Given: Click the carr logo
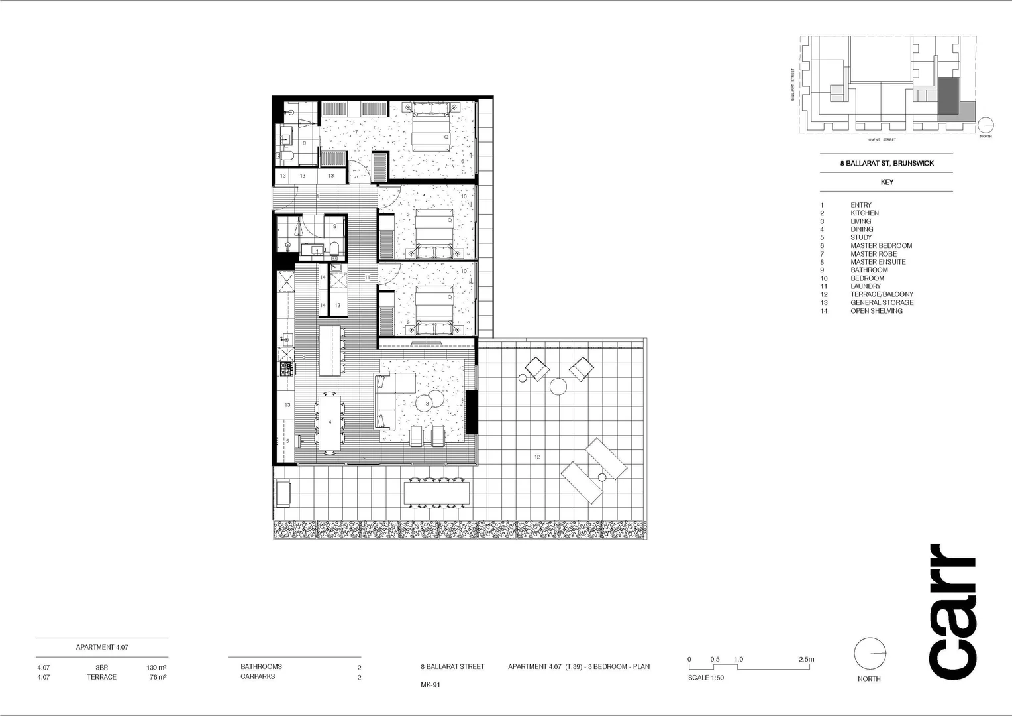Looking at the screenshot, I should pyautogui.click(x=952, y=611).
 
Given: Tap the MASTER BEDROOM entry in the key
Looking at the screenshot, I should pyautogui.click(x=881, y=246).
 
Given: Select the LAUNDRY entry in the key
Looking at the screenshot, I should pyautogui.click(x=866, y=286).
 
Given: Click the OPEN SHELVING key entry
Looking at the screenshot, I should pyautogui.click(x=876, y=311).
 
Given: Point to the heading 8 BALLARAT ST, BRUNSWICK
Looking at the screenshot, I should pyautogui.click(x=886, y=164).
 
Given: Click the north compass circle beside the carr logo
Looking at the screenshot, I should pyautogui.click(x=870, y=654).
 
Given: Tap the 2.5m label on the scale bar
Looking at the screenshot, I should pyautogui.click(x=806, y=660).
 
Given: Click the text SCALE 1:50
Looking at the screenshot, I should pyautogui.click(x=705, y=678).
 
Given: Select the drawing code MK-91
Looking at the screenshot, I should pyautogui.click(x=430, y=685).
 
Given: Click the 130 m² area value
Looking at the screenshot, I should pyautogui.click(x=156, y=668).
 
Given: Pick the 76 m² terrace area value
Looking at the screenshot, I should pyautogui.click(x=157, y=677).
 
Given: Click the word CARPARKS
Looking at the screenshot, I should pyautogui.click(x=257, y=676).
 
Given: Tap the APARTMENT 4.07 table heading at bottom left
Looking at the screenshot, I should pyautogui.click(x=102, y=647).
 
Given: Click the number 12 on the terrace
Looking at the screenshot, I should pyautogui.click(x=537, y=457).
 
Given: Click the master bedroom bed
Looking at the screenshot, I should pyautogui.click(x=432, y=127).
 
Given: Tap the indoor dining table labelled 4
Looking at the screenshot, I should pyautogui.click(x=329, y=422).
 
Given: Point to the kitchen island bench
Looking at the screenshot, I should pyautogui.click(x=330, y=350).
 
